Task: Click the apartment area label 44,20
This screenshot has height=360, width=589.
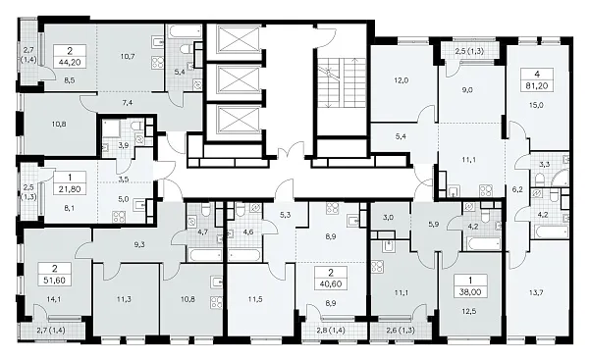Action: point(70,63)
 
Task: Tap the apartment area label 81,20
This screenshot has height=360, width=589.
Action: point(537,86)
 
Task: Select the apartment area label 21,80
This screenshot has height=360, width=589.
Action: point(70,189)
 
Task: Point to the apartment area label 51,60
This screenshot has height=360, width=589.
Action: point(55,281)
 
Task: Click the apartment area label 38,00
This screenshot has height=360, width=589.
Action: point(470,291)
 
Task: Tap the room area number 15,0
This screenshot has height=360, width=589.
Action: point(536,105)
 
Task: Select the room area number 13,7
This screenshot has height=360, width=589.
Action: point(536,293)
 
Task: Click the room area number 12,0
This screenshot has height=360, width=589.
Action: point(402,80)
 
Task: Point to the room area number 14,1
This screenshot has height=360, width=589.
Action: point(54,299)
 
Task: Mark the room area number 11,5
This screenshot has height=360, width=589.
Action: point(255,299)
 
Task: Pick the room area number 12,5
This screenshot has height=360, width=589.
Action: point(469,311)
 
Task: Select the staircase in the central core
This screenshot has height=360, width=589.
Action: point(341,82)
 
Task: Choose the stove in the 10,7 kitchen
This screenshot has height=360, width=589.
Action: point(158,63)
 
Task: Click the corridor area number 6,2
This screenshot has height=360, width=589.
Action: point(517,189)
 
